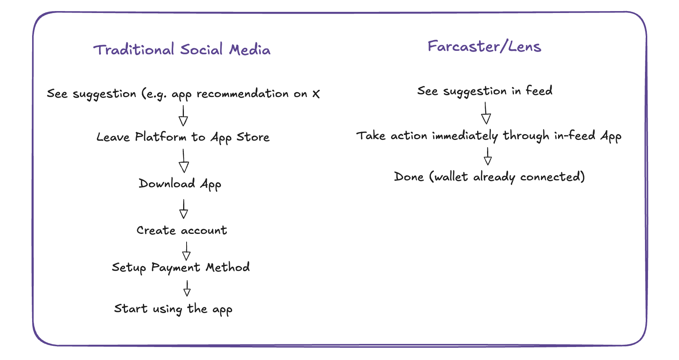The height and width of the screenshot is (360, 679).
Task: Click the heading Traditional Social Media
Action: (x=182, y=50)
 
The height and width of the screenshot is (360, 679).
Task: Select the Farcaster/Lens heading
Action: (x=484, y=46)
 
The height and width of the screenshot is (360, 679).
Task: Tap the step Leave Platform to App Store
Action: (x=183, y=137)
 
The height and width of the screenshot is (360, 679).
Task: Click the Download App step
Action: (x=180, y=184)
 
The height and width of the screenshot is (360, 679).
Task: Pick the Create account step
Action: (x=182, y=230)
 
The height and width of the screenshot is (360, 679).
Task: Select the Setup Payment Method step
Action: (x=181, y=268)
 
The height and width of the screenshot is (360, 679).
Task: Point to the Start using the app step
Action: (x=173, y=309)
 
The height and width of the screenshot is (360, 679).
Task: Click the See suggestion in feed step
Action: (x=485, y=91)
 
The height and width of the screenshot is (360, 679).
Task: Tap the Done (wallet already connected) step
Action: (x=489, y=177)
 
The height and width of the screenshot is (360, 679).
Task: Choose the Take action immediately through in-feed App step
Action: (x=489, y=136)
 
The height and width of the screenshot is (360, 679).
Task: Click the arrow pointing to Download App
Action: (x=184, y=161)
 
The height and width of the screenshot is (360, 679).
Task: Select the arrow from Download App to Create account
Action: (x=184, y=209)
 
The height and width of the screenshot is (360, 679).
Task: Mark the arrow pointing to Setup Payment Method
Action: (x=186, y=251)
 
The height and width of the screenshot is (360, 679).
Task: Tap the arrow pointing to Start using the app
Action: (x=187, y=288)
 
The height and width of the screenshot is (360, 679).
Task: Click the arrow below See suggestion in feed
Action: (x=486, y=113)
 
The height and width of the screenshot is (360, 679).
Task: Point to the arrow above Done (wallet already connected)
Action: (x=487, y=156)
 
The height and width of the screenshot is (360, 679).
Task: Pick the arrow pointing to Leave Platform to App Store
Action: (x=184, y=115)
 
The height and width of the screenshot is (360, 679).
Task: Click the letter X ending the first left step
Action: (x=316, y=94)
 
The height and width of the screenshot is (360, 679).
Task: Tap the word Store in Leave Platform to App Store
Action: (x=253, y=137)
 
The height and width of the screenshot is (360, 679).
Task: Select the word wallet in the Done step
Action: (x=451, y=177)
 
